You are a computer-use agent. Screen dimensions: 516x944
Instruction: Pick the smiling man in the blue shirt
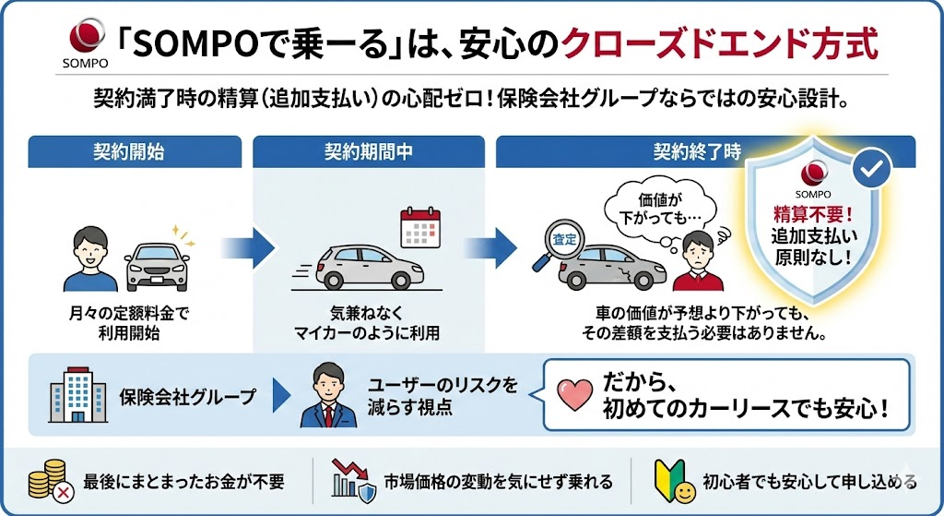89,254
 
